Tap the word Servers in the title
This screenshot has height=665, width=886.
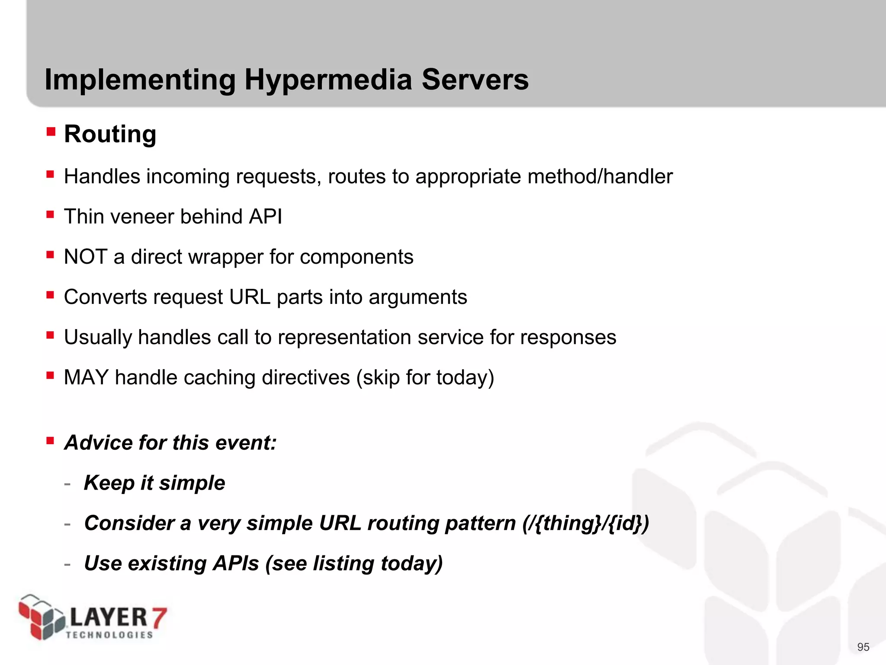475,80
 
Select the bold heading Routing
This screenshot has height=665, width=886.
110,134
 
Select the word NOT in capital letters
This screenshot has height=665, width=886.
85,257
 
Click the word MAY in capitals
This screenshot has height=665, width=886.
86,378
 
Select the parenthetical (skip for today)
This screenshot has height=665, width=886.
425,378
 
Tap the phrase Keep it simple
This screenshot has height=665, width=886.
154,483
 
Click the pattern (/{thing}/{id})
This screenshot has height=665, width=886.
585,523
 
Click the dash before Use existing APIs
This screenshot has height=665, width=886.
67,564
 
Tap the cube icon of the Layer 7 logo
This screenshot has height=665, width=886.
41,617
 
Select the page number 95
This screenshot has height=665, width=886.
863,647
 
